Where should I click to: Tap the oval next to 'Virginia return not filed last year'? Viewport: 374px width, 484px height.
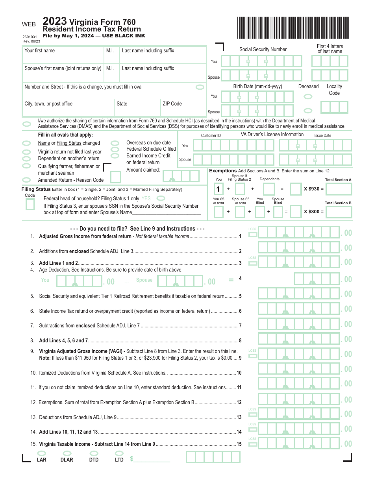coord(27,151)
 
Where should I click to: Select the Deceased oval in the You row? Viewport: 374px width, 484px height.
coord(308,96)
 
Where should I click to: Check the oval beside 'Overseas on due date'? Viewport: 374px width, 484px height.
coord(115,143)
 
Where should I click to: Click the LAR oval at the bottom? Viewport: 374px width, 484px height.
coord(41,453)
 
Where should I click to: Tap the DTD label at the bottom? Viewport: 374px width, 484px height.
coord(94,460)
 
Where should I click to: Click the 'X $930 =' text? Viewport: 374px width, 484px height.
coord(314,189)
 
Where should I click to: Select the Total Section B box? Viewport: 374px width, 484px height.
coord(339,212)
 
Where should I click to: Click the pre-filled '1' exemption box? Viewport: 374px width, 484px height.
coord(218,189)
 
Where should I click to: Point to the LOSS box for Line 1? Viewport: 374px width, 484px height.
coord(252,235)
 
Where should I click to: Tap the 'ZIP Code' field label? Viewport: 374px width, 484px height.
coord(172,104)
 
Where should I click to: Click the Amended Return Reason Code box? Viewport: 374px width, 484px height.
coord(115,177)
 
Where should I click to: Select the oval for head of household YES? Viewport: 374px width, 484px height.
coord(161,198)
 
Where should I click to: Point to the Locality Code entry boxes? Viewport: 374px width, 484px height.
coord(334,107)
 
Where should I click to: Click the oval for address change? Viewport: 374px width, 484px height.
coord(200,87)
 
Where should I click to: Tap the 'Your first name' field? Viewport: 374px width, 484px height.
coord(63,54)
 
